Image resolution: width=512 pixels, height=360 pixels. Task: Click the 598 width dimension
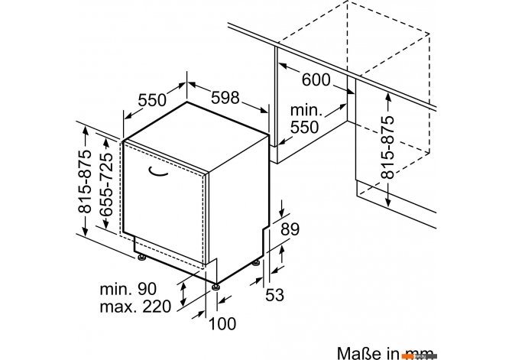[x=225, y=97]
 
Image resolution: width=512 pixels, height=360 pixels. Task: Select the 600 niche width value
[x=316, y=79]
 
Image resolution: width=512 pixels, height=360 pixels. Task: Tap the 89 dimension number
[x=290, y=229]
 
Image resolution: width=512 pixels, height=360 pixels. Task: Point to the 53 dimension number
[x=274, y=295]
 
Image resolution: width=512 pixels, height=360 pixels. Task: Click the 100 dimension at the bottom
[x=222, y=324]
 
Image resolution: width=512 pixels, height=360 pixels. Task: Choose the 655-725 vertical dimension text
[x=106, y=184]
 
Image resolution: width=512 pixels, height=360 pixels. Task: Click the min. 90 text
[x=128, y=289]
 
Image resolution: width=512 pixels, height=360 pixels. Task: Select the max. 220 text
[x=135, y=306]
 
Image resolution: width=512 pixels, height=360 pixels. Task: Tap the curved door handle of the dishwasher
[x=158, y=172]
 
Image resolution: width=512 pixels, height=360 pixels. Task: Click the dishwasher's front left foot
[x=141, y=258]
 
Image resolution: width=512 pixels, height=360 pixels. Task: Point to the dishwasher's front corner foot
[x=215, y=287]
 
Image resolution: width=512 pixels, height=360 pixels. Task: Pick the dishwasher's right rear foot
[x=256, y=262]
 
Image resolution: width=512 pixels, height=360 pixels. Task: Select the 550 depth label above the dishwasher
[x=152, y=100]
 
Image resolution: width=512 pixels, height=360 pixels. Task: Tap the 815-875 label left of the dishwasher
[x=85, y=181]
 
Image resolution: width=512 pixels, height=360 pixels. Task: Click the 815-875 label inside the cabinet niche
[x=387, y=148]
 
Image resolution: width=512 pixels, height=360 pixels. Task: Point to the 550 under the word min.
[x=304, y=127]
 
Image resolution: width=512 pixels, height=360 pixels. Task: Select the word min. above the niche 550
[x=306, y=110]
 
